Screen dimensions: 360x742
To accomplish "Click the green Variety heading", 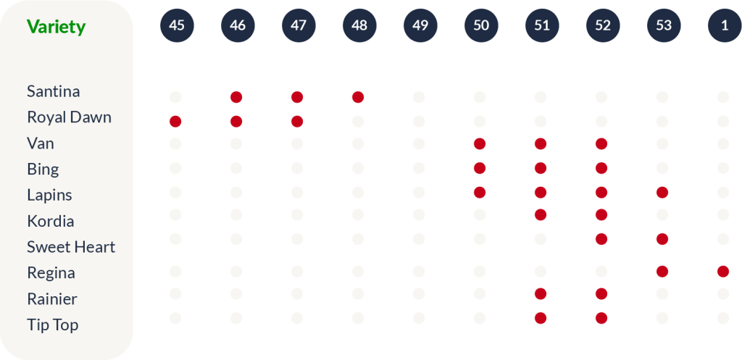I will [x=56, y=27].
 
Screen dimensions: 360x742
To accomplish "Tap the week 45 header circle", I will [x=177, y=25].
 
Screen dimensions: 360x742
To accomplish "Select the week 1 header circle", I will [x=724, y=25].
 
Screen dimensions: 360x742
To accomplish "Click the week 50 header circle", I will [x=481, y=25].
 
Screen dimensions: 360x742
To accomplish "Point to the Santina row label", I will [x=53, y=91].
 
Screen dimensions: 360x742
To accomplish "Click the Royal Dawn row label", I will [x=69, y=117].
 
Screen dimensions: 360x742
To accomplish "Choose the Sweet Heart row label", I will [x=71, y=247].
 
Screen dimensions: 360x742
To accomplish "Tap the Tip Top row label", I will [x=52, y=325].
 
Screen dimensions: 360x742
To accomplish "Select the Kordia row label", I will [x=50, y=221].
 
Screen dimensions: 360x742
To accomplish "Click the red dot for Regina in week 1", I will [x=723, y=272].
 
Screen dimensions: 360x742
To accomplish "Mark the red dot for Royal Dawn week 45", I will [x=175, y=121].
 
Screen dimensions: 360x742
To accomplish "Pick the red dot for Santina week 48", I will [x=358, y=97].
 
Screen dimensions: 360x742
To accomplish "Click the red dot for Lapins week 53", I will [x=662, y=193].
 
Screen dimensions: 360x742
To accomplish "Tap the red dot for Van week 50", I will [x=480, y=143].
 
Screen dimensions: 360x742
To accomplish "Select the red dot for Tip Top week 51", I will [x=541, y=318].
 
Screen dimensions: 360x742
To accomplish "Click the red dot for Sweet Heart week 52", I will [x=601, y=239].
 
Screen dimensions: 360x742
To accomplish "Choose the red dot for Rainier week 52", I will [x=601, y=293].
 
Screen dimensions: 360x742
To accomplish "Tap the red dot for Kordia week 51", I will [x=541, y=214].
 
